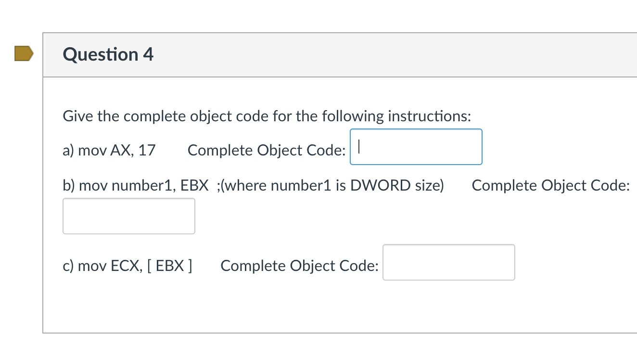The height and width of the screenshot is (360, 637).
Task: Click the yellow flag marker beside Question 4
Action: coord(24,54)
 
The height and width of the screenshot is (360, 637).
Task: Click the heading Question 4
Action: coord(108,54)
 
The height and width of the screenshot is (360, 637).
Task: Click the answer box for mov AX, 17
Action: coord(416,147)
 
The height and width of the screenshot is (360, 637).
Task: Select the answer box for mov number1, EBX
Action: coord(128,216)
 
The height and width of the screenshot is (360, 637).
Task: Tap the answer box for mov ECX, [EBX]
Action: coord(448,262)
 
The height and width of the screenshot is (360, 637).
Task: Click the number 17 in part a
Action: coord(147,151)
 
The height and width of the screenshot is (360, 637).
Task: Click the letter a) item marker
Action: coord(68,151)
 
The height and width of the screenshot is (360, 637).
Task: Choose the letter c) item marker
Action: coord(68,266)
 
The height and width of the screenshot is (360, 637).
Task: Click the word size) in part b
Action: coord(430,185)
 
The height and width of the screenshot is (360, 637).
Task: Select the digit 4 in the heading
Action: coord(148,54)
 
